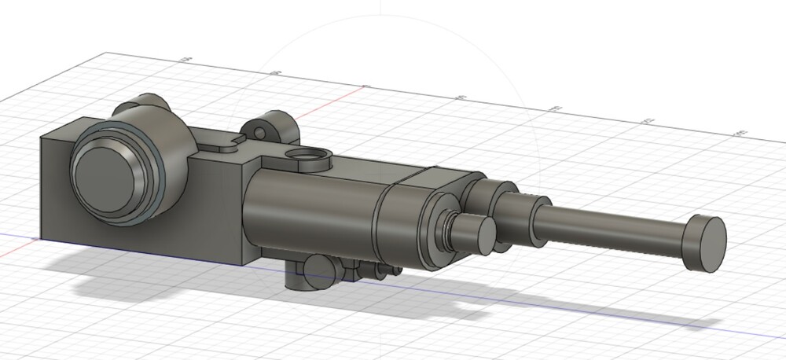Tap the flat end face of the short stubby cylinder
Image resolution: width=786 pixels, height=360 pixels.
click(x=480, y=233)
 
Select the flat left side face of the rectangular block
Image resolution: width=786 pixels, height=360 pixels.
click(x=55, y=189)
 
